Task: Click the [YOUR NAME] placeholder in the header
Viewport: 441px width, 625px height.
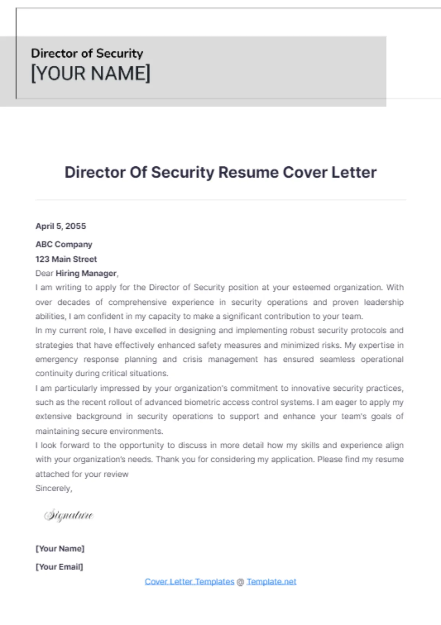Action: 90,73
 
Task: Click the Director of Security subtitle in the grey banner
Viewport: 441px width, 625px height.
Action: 87,53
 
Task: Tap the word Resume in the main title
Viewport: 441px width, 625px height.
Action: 248,172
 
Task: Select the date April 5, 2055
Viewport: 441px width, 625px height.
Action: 61,226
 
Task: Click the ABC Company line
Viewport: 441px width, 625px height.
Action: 64,245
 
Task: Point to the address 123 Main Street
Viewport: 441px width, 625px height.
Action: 66,259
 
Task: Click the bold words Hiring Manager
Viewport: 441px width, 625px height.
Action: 86,274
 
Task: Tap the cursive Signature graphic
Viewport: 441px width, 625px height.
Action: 69,515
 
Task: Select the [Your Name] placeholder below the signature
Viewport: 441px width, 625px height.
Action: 60,549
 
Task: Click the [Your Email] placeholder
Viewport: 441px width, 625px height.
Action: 59,567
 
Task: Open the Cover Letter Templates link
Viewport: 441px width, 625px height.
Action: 189,582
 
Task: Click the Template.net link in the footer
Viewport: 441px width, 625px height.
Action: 271,582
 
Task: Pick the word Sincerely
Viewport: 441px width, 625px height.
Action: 54,488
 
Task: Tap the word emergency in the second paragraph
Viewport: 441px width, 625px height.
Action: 56,360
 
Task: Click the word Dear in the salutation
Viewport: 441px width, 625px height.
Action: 44,274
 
